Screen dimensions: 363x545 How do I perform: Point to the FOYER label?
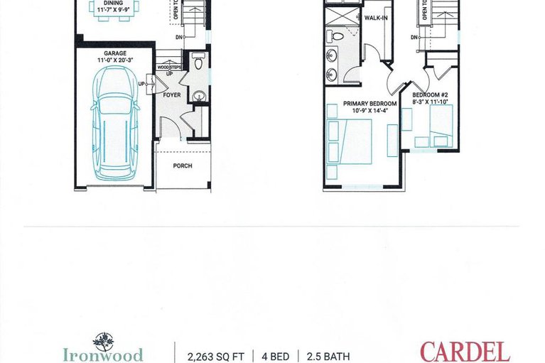[x=172, y=94]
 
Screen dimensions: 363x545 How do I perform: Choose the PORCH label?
[x=183, y=166]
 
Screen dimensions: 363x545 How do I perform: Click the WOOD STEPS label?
[x=169, y=67]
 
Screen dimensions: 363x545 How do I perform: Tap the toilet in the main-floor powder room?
[x=198, y=63]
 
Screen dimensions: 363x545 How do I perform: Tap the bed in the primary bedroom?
[x=350, y=141]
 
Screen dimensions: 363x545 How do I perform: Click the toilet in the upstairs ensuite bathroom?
[x=339, y=36]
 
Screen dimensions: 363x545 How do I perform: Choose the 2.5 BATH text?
[x=328, y=356]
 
